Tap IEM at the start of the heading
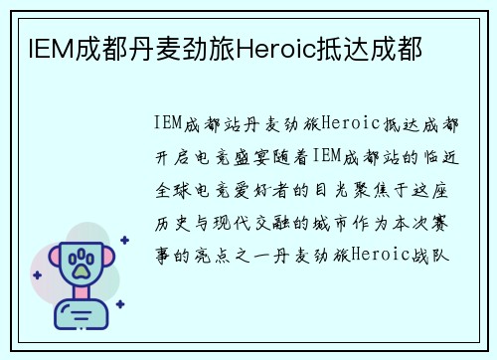coord(37,46)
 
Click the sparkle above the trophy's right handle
coord(123,240)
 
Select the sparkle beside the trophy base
coord(119,304)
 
